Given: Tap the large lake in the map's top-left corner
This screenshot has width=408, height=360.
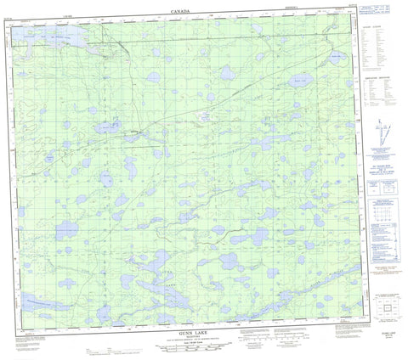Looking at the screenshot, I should pyautogui.click(x=53, y=40).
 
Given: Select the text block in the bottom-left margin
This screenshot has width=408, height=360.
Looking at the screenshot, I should pyautogui.click(x=47, y=341).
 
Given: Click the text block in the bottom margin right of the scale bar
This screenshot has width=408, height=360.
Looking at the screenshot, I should pyautogui.click(x=280, y=341).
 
